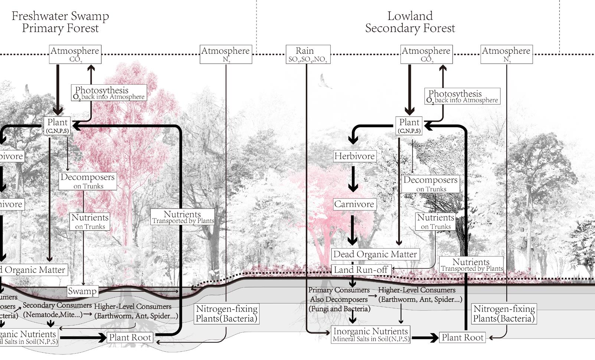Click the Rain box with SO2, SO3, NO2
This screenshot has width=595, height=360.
point(308,54)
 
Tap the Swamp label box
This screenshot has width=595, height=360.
point(82,291)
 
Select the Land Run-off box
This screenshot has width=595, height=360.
point(361,270)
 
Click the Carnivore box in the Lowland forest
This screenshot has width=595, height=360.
point(354,204)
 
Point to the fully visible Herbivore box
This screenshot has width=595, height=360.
point(354,156)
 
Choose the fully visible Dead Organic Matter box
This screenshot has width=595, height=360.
point(375,254)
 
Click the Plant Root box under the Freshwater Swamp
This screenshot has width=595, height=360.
point(130,337)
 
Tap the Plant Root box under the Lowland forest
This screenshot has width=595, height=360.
point(462,337)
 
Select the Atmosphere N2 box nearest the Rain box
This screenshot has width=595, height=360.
point(226,54)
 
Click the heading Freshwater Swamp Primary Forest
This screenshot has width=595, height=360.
point(60,22)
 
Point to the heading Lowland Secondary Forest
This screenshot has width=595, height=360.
point(410,22)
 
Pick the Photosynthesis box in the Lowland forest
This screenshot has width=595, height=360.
point(462,96)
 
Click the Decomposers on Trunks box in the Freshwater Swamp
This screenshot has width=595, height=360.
point(88,181)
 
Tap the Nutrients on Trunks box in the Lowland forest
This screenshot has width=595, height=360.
point(435,221)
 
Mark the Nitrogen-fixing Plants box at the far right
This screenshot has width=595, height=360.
point(504,314)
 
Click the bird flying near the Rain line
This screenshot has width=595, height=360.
point(324,82)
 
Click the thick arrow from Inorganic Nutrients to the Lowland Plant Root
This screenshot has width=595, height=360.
point(425,338)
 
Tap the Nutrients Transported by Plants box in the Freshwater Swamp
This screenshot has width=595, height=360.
point(182,217)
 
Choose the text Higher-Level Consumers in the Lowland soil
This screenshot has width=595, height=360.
point(416,290)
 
